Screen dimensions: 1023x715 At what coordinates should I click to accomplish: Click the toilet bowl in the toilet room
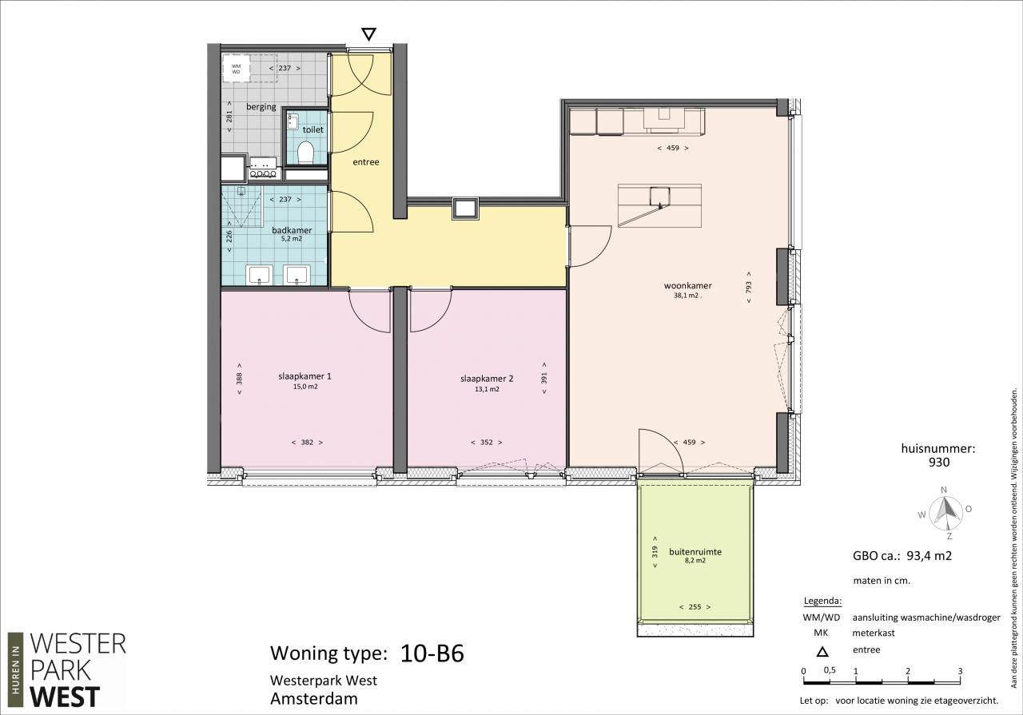coord(305,153)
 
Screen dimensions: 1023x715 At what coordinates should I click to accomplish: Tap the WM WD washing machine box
coord(236,69)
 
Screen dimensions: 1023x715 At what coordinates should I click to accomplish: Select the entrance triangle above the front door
coord(368,34)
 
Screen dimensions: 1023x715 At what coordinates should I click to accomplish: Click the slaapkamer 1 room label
coord(305,376)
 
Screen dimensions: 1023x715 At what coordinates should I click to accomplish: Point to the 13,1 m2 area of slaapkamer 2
coord(487,390)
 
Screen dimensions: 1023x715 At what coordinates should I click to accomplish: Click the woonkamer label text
coord(688,286)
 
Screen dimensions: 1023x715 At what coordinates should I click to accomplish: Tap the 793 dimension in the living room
coord(749,287)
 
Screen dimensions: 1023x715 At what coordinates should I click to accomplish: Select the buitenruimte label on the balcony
coord(695,551)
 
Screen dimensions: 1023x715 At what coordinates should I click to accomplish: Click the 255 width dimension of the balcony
coord(695,607)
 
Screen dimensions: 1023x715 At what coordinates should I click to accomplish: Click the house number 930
coord(939,463)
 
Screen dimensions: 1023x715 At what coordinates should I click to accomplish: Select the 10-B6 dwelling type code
coord(432,653)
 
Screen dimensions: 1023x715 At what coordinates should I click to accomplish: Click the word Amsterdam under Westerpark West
coord(314,698)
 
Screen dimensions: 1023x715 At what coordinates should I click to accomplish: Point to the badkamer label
coord(292,230)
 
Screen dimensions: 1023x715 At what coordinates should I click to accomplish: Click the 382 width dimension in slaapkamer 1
coord(308,442)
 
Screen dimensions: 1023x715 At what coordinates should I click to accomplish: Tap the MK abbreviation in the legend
coord(821,634)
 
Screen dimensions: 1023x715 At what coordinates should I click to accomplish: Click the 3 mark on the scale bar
coord(961,671)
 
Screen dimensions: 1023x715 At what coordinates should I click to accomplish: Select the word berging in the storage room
coord(261,107)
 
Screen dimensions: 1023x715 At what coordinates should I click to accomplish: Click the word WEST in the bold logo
coord(65,697)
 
